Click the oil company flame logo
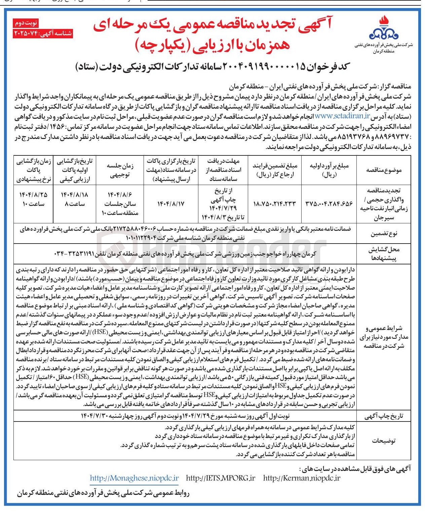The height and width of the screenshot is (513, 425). (384, 29)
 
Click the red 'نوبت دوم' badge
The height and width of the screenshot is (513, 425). (26, 23)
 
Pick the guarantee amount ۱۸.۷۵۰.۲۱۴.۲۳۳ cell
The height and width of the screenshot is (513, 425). (274, 204)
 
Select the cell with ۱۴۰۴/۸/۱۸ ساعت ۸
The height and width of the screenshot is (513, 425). (73, 199)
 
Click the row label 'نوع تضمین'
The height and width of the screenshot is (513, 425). (384, 234)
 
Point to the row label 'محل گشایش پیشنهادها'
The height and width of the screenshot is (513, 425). (384, 254)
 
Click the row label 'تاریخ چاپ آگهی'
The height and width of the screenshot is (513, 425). (384, 416)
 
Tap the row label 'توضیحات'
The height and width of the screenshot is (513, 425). (384, 441)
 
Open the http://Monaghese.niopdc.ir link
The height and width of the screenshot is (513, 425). (134, 478)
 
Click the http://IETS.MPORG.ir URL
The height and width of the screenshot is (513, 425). (221, 478)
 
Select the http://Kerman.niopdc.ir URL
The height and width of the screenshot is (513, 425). (302, 478)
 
